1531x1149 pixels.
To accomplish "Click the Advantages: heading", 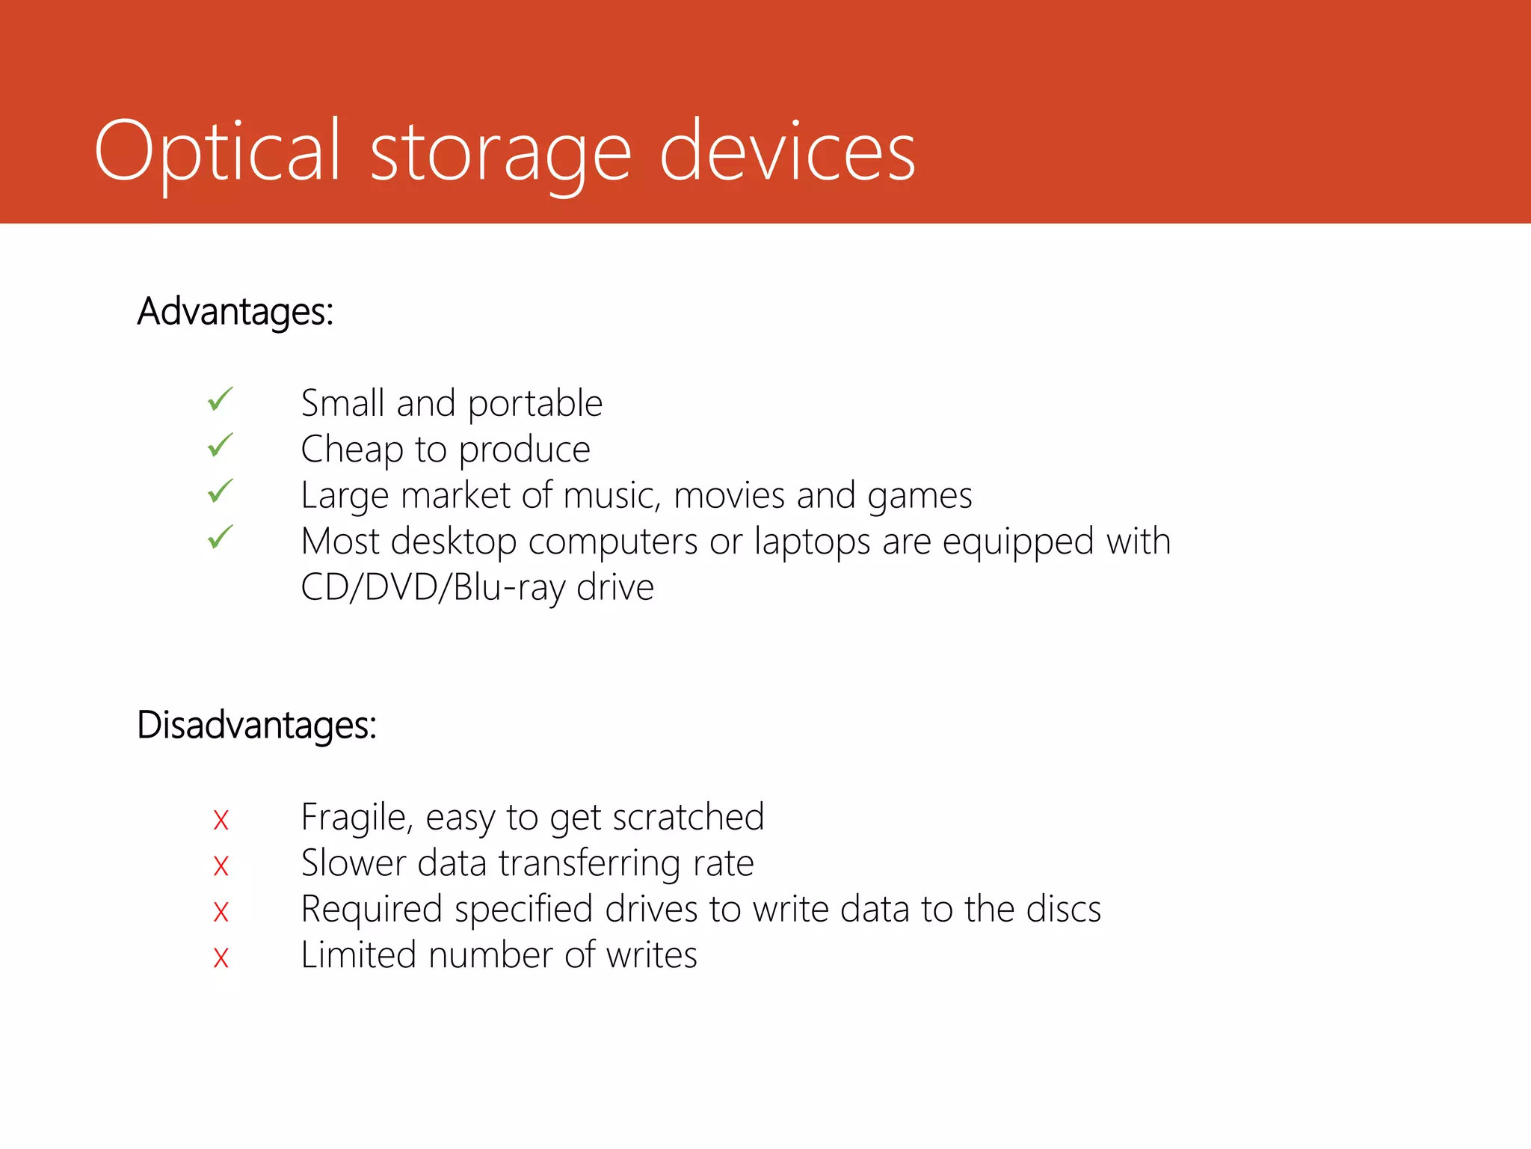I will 235,311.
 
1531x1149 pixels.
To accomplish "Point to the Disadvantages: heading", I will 256,725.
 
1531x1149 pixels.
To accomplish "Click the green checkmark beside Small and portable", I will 221,400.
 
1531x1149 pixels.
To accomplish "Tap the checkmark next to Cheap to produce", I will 221,446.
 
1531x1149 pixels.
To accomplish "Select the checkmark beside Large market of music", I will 221,491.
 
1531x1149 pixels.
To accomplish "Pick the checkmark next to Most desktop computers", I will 221,537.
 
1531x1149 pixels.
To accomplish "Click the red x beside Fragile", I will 221,821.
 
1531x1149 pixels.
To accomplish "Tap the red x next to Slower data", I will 221,866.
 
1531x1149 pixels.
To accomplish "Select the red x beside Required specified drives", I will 221,912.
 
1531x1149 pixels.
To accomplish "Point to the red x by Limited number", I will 221,957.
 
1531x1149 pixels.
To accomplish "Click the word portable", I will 535,405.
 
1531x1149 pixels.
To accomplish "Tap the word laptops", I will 813,542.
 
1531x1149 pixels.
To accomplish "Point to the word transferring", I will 589,864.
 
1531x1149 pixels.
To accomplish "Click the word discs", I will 1063,910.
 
